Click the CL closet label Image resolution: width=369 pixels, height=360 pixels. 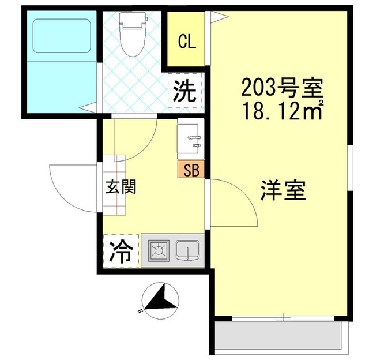coord(186,42)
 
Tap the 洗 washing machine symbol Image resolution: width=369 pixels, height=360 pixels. coord(186,91)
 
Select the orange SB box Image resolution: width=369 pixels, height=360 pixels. coord(190,170)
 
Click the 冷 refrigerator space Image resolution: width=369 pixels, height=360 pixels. coord(121,252)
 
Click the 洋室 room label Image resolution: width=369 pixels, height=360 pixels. coord(283,190)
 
